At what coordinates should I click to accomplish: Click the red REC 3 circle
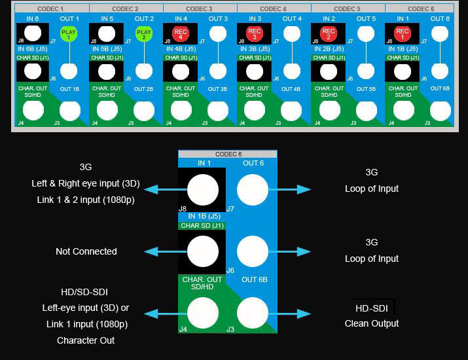click(255, 33)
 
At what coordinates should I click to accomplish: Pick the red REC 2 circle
click(329, 33)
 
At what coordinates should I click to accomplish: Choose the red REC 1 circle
click(403, 33)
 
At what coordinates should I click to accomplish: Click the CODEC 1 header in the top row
click(52, 9)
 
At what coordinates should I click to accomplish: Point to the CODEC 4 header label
click(274, 9)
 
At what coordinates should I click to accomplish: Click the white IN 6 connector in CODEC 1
click(33, 33)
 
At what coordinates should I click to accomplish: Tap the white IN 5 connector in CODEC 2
click(107, 33)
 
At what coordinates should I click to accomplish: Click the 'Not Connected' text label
click(86, 251)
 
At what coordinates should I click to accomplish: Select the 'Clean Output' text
click(372, 323)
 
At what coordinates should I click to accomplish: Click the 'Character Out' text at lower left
click(86, 340)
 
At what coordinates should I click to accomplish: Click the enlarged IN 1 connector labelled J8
click(203, 190)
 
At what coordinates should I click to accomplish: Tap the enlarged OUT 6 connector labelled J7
click(252, 190)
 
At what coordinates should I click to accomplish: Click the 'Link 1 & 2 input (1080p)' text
click(86, 199)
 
